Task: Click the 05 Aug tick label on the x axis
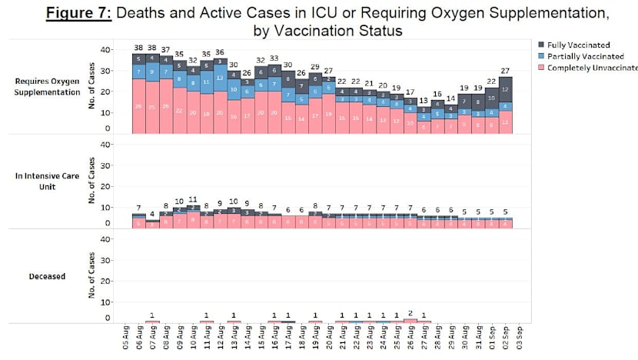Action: click(125, 339)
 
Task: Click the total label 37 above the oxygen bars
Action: click(166, 49)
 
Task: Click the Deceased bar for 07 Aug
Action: click(152, 321)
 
